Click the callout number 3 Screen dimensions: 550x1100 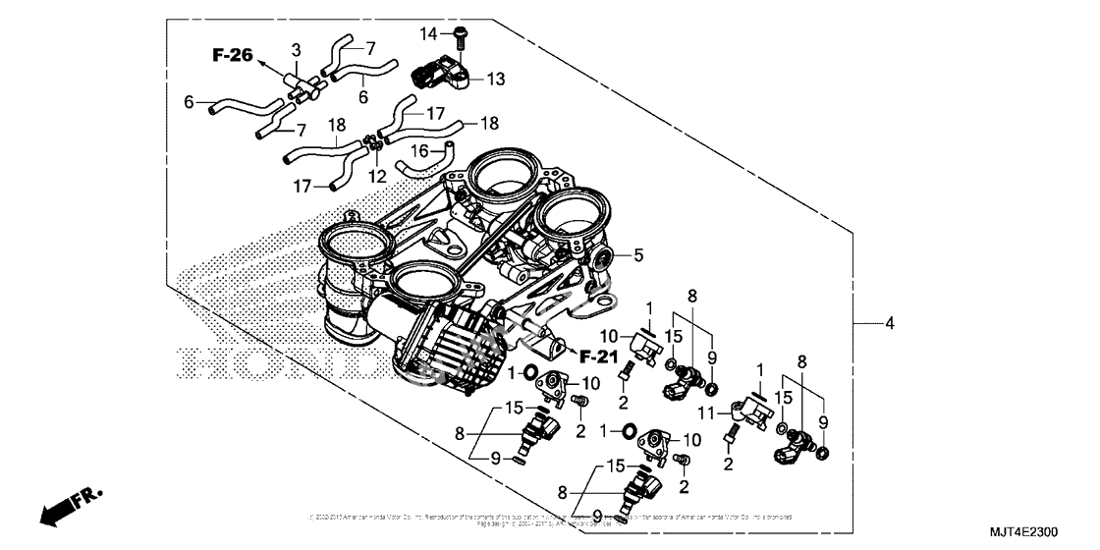[x=296, y=49]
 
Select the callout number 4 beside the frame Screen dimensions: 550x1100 [x=890, y=323]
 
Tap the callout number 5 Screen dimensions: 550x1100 [x=637, y=256]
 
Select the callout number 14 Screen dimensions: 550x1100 [x=428, y=34]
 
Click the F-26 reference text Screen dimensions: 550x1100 [x=233, y=55]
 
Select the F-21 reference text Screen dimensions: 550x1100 [x=598, y=355]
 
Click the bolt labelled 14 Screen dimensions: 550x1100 [x=463, y=36]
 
